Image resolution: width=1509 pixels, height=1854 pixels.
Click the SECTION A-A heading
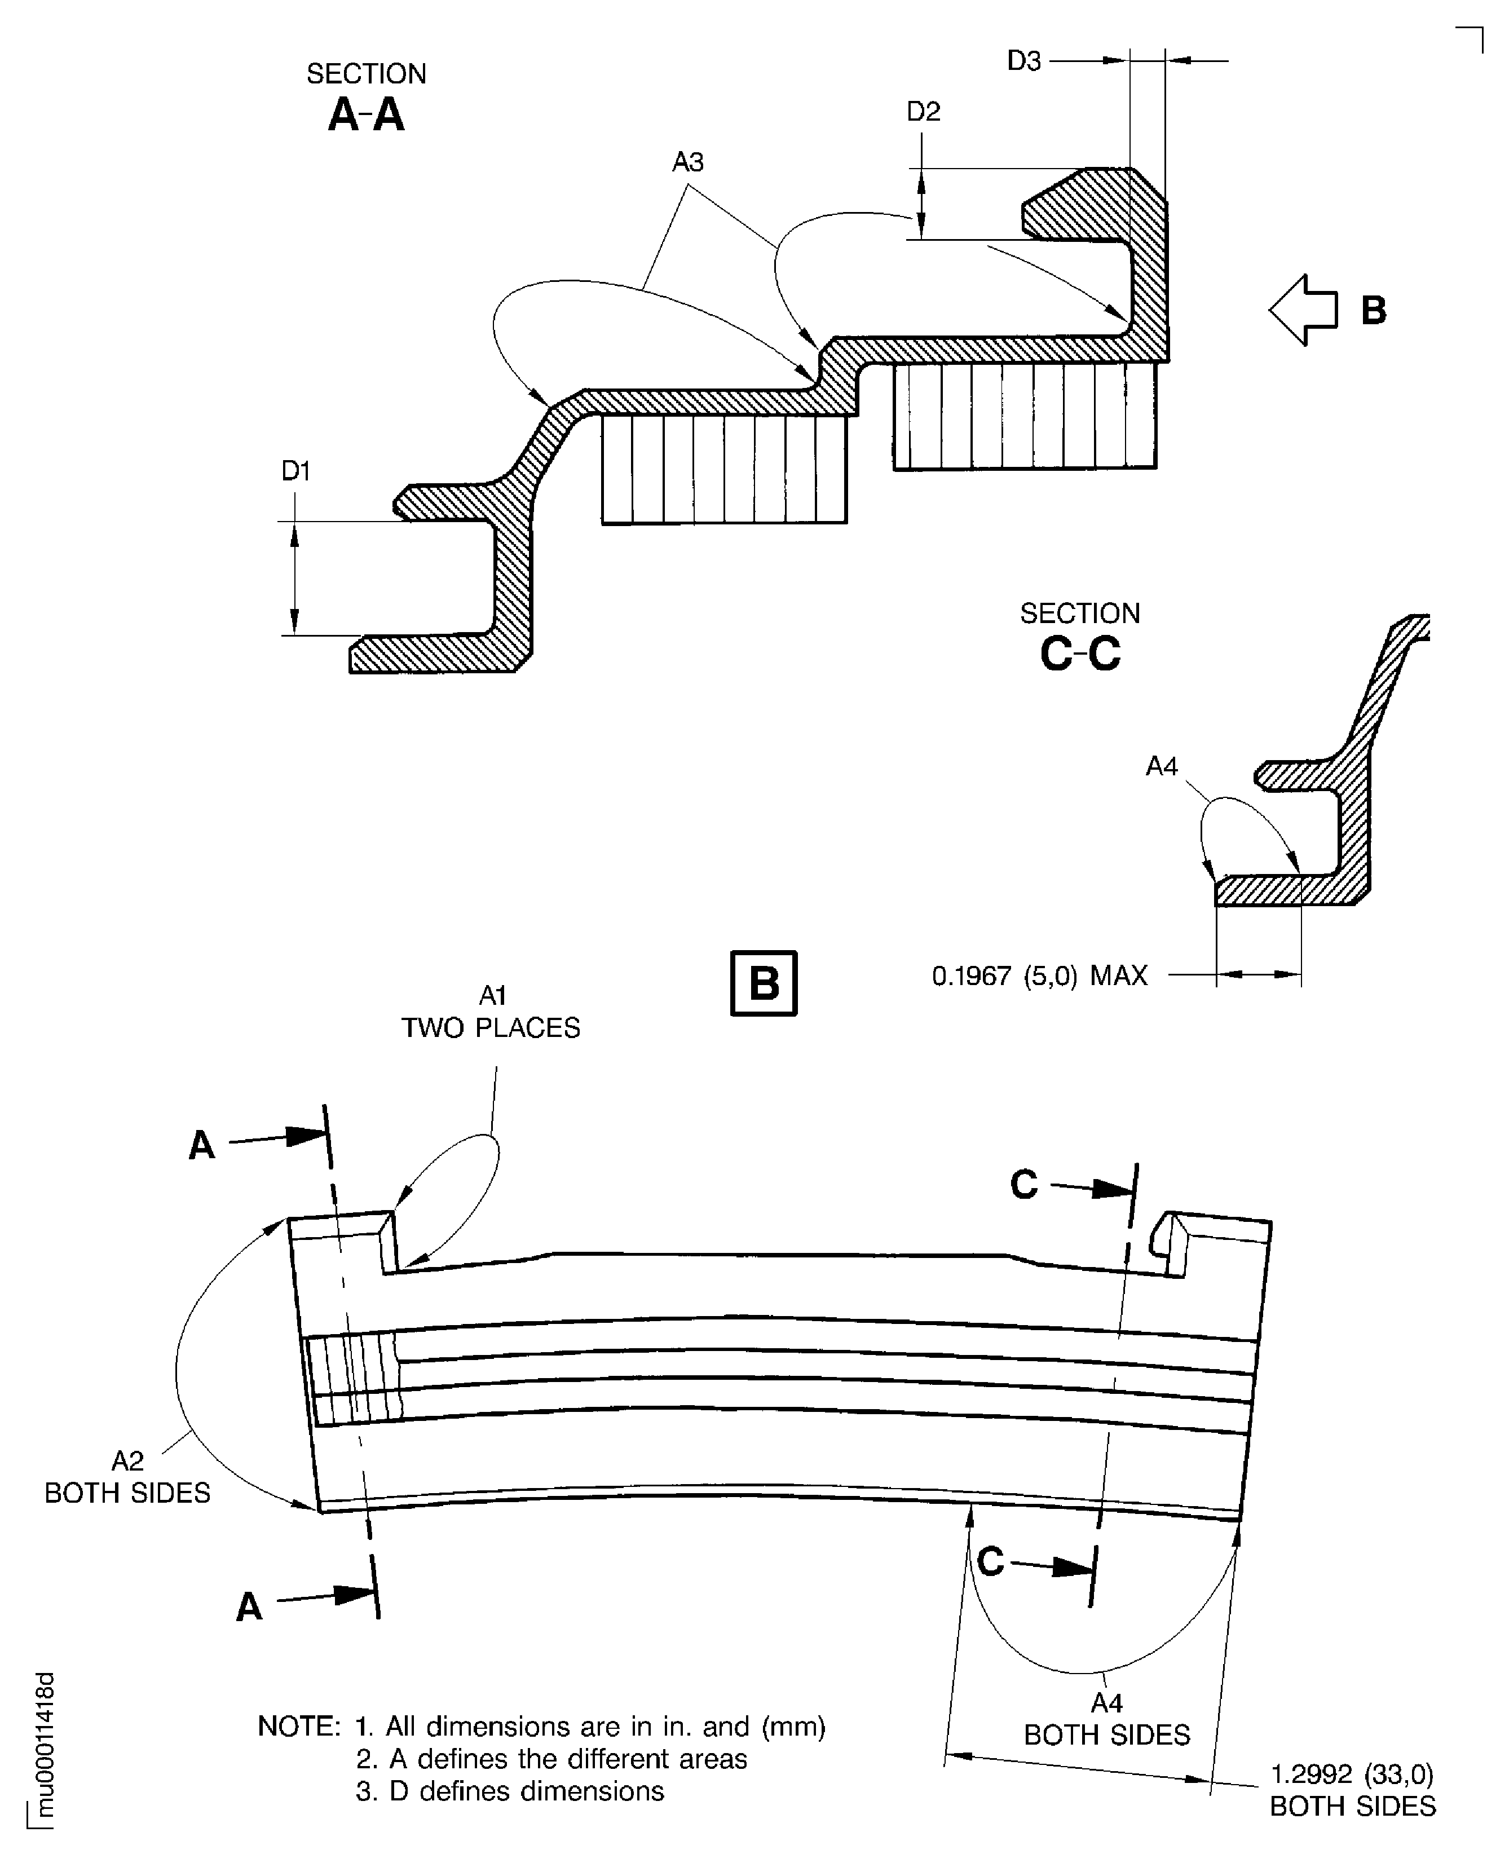pyautogui.click(x=366, y=98)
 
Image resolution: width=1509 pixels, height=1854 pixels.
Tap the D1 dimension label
pyautogui.click(x=295, y=470)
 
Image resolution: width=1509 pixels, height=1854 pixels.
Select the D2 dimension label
pyautogui.click(x=923, y=111)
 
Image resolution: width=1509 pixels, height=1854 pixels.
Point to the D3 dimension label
pyautogui.click(x=1024, y=61)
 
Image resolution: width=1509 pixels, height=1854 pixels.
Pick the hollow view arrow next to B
pyautogui.click(x=1302, y=310)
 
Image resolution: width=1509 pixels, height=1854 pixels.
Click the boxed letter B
pyautogui.click(x=764, y=983)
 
